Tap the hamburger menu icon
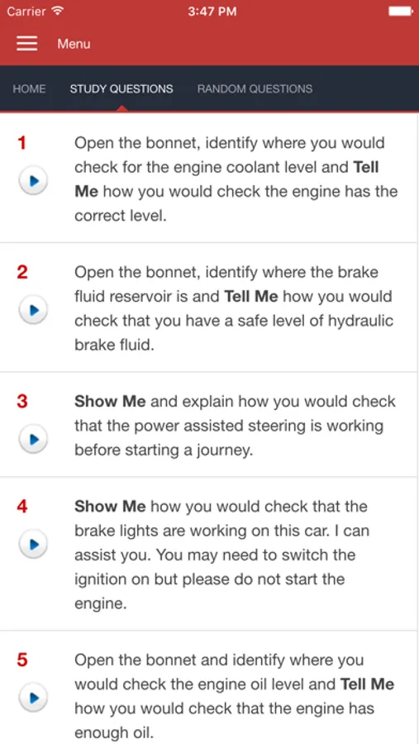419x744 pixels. [27, 43]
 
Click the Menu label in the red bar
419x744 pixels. [74, 44]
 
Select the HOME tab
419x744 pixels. [30, 88]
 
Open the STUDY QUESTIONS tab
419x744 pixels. [121, 88]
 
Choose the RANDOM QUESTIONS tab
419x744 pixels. [255, 88]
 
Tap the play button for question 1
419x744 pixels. [33, 180]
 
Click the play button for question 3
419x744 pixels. [33, 439]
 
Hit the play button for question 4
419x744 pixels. [33, 544]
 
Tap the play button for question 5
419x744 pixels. [33, 698]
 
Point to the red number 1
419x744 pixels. [21, 143]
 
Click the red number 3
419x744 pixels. [22, 402]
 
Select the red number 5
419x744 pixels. [22, 660]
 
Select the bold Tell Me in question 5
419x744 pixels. [367, 684]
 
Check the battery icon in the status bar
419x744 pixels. [401, 11]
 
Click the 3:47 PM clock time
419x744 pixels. [212, 12]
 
